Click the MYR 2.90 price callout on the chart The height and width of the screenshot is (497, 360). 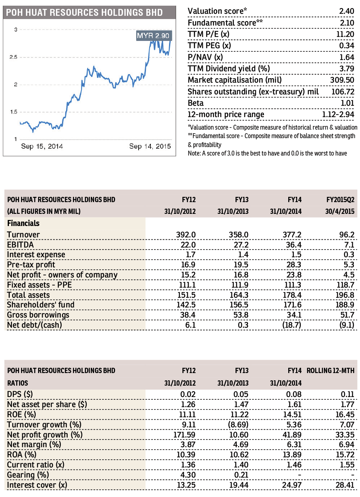(x=154, y=36)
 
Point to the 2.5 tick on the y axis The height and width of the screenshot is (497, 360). (x=13, y=57)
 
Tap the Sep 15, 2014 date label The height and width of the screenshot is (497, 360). (x=42, y=146)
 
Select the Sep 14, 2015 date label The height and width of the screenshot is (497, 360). (x=150, y=146)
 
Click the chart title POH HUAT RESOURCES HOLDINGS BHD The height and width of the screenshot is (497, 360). (x=84, y=13)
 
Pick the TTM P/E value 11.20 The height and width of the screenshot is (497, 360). (x=345, y=34)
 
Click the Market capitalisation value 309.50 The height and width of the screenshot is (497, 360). (x=342, y=80)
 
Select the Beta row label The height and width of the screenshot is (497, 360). (x=196, y=103)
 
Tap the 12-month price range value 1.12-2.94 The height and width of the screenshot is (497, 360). (x=338, y=114)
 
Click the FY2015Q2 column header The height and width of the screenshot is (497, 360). (x=340, y=200)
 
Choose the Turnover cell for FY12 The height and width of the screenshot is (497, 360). (x=186, y=235)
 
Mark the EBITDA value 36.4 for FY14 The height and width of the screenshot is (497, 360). (x=294, y=245)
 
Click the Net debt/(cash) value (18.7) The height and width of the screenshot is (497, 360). (x=291, y=325)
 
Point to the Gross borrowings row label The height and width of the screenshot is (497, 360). (x=38, y=315)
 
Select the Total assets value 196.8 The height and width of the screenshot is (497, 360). (x=345, y=295)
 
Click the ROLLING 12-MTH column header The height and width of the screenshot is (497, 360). (x=330, y=371)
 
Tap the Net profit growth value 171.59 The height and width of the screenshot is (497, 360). (x=184, y=435)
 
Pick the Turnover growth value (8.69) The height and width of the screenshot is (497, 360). (x=238, y=424)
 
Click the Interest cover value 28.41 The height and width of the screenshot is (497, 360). (x=345, y=485)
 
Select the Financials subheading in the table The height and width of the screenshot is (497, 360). (x=24, y=223)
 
